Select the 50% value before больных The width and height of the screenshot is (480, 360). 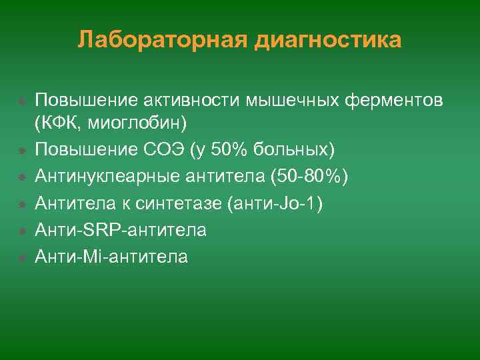click(x=229, y=148)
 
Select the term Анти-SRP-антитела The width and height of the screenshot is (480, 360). click(x=121, y=229)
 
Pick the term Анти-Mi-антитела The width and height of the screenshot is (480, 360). click(x=111, y=256)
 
